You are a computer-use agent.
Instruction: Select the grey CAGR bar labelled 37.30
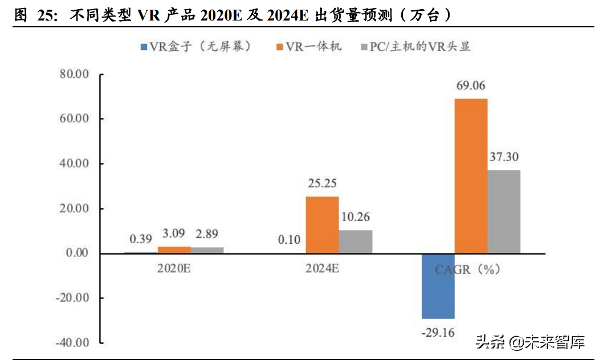click(504, 211)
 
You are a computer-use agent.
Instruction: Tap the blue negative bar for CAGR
click(438, 285)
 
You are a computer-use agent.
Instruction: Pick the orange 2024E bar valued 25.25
click(323, 224)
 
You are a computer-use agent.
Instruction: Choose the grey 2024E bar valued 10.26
click(356, 242)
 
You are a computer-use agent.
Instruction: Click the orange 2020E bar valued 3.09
click(174, 249)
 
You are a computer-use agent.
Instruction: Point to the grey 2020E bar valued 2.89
click(207, 250)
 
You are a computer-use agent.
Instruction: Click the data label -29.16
click(438, 332)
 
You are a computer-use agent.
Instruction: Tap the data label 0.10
click(290, 240)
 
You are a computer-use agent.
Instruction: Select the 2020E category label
click(174, 268)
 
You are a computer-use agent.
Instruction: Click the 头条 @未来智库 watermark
click(530, 342)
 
